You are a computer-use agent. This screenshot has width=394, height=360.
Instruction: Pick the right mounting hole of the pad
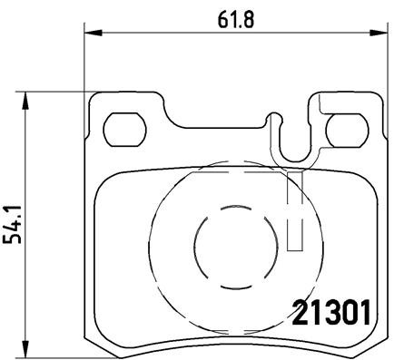[342, 130]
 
